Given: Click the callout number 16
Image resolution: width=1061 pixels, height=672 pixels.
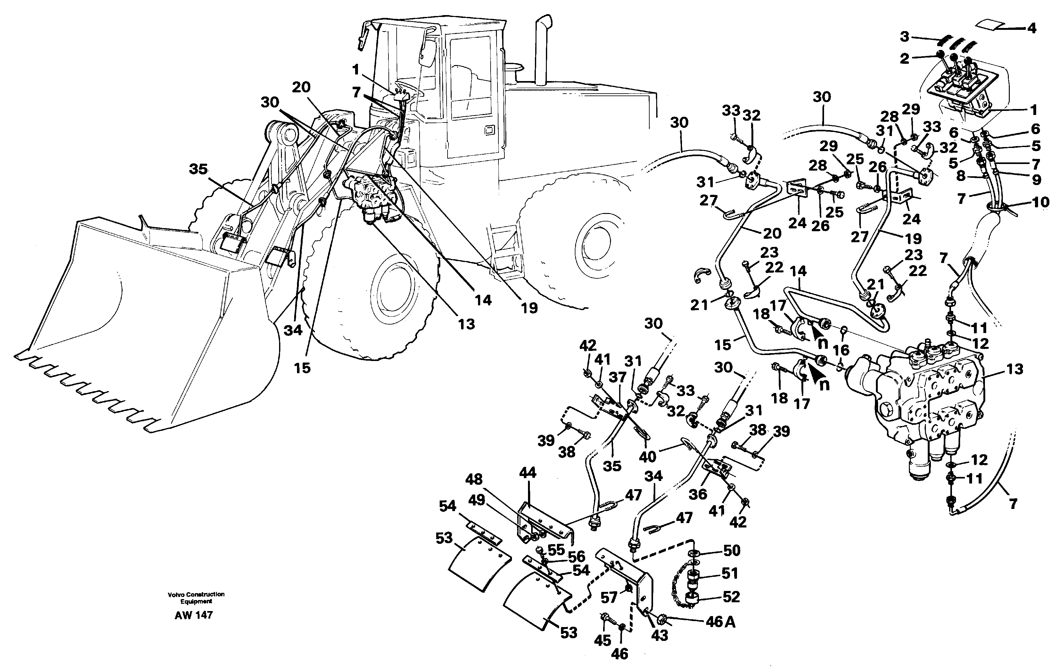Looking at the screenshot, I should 841,350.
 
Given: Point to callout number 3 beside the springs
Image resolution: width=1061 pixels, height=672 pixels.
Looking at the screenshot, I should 904,36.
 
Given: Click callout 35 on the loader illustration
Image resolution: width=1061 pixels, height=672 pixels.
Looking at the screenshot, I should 198,169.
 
